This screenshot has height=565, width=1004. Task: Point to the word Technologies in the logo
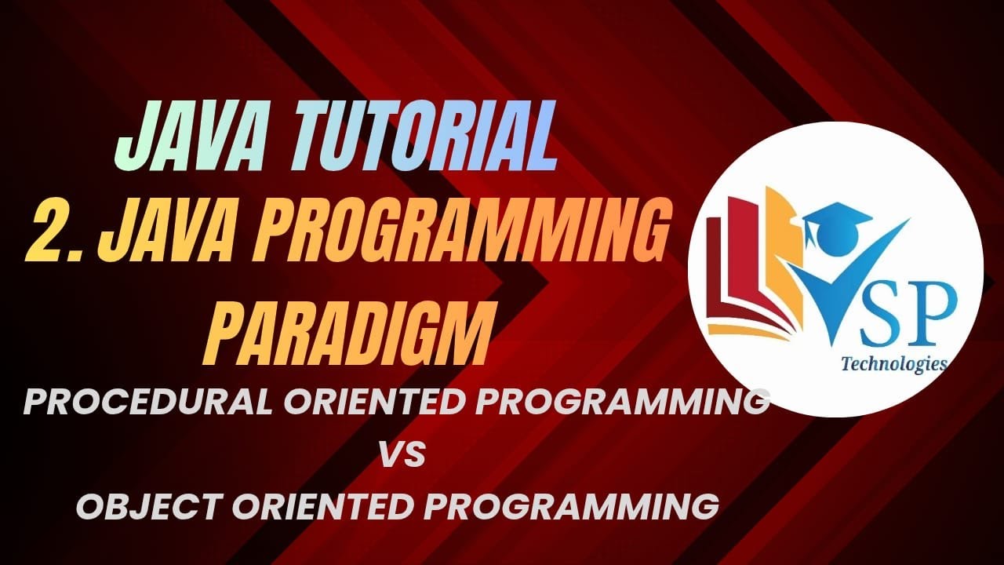pyautogui.click(x=893, y=364)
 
